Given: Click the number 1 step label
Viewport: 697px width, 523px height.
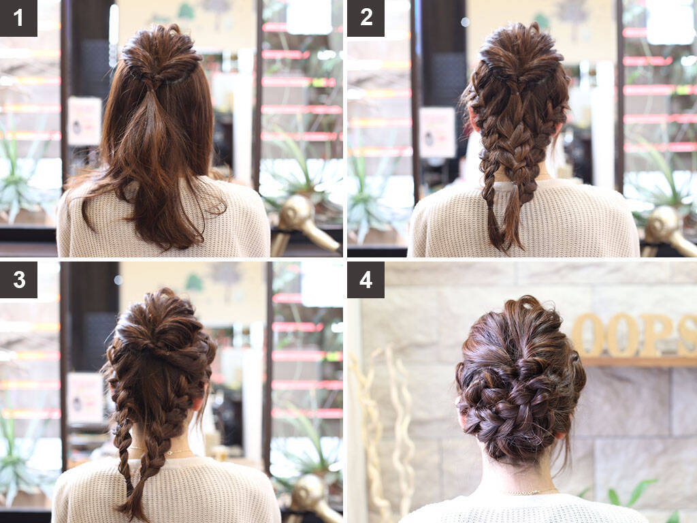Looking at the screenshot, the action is [x=18, y=18].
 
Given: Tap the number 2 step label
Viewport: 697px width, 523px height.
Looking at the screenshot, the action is [x=366, y=18].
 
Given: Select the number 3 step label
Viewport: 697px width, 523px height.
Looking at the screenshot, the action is [x=18, y=279].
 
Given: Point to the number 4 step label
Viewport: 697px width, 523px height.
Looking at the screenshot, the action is [x=366, y=279].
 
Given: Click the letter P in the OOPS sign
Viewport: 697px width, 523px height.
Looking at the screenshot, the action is [x=653, y=335].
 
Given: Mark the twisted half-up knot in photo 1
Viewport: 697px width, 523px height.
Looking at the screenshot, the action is [x=161, y=57].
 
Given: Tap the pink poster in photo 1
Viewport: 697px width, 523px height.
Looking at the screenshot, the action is [x=84, y=121].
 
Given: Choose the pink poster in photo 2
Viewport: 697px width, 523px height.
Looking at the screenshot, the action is [x=438, y=132].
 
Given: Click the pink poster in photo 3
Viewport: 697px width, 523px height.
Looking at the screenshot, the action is [x=84, y=398].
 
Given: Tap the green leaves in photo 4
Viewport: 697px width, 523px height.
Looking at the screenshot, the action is [x=631, y=496].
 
